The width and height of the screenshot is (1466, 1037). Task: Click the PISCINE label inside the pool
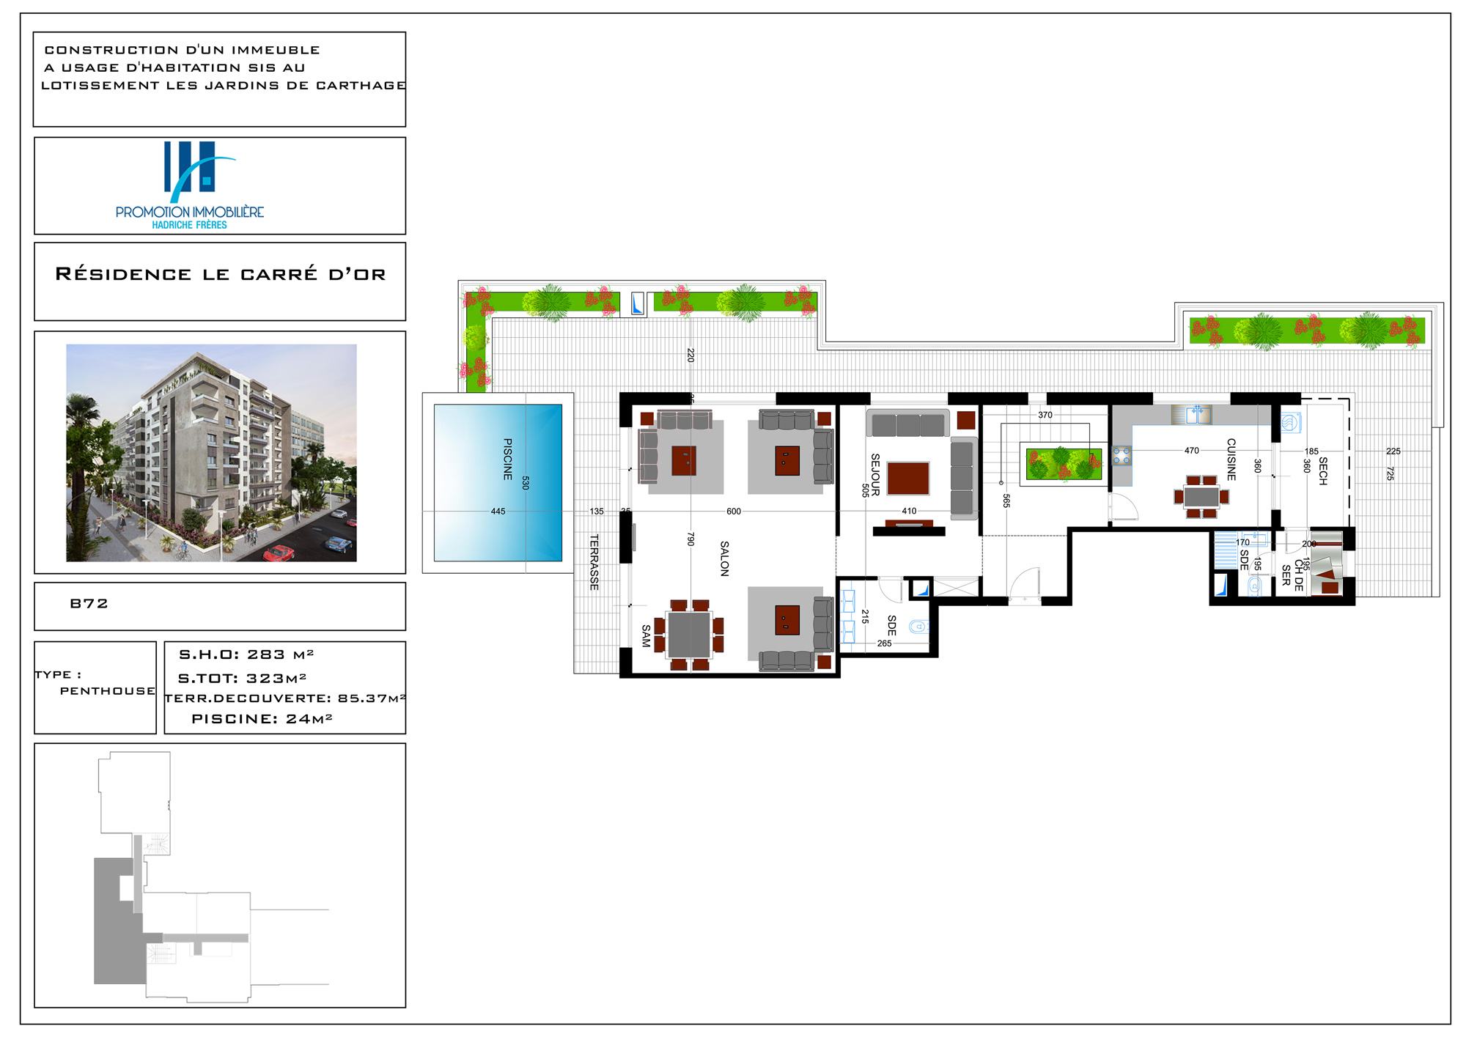(508, 459)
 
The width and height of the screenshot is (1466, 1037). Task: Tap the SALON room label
(724, 558)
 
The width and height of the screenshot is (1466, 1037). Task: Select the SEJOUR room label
(875, 474)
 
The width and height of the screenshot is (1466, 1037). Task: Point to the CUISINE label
(1231, 460)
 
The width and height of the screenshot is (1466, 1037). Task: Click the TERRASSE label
(594, 562)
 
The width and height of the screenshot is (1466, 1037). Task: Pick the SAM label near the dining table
(646, 635)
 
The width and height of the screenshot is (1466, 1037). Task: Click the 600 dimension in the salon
(734, 512)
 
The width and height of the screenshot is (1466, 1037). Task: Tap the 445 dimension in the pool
(498, 512)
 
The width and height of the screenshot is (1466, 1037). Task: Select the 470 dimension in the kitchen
(1192, 451)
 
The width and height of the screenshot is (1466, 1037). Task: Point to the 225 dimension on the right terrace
(1393, 451)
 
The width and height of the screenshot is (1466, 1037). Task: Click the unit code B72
(89, 603)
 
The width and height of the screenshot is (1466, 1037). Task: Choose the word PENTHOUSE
(108, 691)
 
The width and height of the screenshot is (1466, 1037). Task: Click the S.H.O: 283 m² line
(246, 654)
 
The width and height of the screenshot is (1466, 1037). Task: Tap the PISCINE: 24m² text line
(262, 719)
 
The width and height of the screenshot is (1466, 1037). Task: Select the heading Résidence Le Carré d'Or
(221, 274)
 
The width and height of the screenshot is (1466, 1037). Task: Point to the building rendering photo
(211, 453)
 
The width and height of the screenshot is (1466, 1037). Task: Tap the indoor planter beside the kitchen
(1064, 464)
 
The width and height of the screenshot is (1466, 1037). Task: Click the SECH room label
(1323, 470)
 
